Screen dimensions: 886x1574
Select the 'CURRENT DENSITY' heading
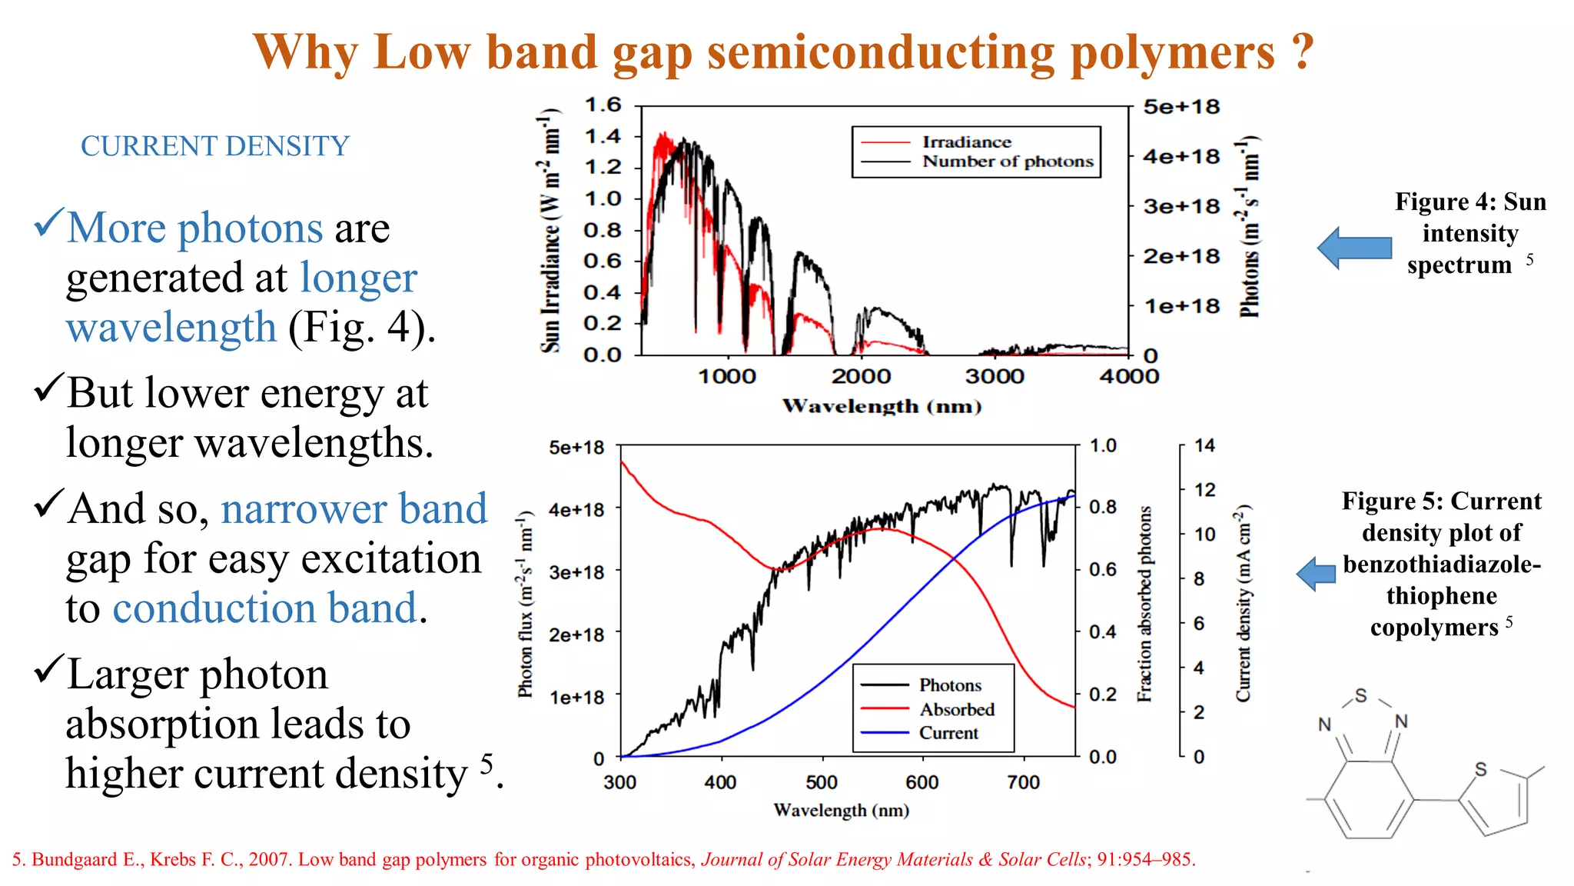click(215, 146)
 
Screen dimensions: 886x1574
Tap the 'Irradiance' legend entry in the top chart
click(966, 142)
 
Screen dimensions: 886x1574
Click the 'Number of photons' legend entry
click(1008, 162)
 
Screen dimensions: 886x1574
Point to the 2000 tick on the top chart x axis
click(861, 376)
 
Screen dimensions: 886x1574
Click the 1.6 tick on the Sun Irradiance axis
click(603, 105)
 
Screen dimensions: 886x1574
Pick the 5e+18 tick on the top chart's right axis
click(1180, 107)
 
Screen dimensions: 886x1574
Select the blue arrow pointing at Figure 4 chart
click(1354, 248)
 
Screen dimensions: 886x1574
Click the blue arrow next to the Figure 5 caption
click(1317, 574)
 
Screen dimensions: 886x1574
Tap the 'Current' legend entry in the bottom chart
click(948, 733)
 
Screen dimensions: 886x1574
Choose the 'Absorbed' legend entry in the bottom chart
click(957, 709)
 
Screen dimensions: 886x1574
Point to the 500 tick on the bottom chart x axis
click(822, 782)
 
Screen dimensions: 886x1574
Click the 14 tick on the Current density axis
click(1204, 445)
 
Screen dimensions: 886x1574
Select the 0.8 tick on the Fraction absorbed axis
click(1103, 507)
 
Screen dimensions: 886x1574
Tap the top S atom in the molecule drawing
click(1361, 696)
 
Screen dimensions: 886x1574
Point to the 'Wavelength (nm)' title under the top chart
click(882, 406)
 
